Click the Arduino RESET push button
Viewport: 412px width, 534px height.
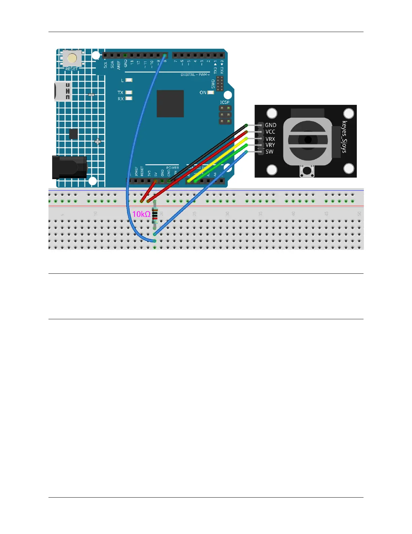click(x=72, y=58)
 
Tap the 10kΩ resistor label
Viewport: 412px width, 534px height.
click(x=141, y=214)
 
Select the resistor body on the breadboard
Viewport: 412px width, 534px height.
click(x=155, y=216)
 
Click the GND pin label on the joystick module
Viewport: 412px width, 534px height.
click(x=271, y=125)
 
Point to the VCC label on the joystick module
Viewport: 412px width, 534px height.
click(x=270, y=132)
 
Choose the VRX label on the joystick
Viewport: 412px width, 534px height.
click(x=270, y=139)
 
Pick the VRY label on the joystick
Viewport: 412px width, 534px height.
click(x=270, y=145)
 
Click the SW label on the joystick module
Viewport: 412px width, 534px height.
click(x=269, y=152)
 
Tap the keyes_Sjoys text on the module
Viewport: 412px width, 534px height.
click(x=344, y=137)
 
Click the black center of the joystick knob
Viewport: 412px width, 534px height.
click(x=308, y=140)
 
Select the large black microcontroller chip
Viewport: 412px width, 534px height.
click(x=170, y=103)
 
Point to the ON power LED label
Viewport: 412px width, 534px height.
click(x=203, y=92)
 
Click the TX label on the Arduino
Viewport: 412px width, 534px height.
click(x=120, y=92)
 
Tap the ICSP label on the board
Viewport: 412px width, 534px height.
click(x=225, y=102)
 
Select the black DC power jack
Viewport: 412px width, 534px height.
click(x=69, y=167)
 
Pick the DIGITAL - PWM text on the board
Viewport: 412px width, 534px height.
click(x=195, y=75)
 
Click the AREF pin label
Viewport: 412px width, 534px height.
click(x=118, y=65)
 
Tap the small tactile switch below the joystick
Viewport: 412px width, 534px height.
click(x=307, y=171)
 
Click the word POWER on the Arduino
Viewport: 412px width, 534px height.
click(x=173, y=168)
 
